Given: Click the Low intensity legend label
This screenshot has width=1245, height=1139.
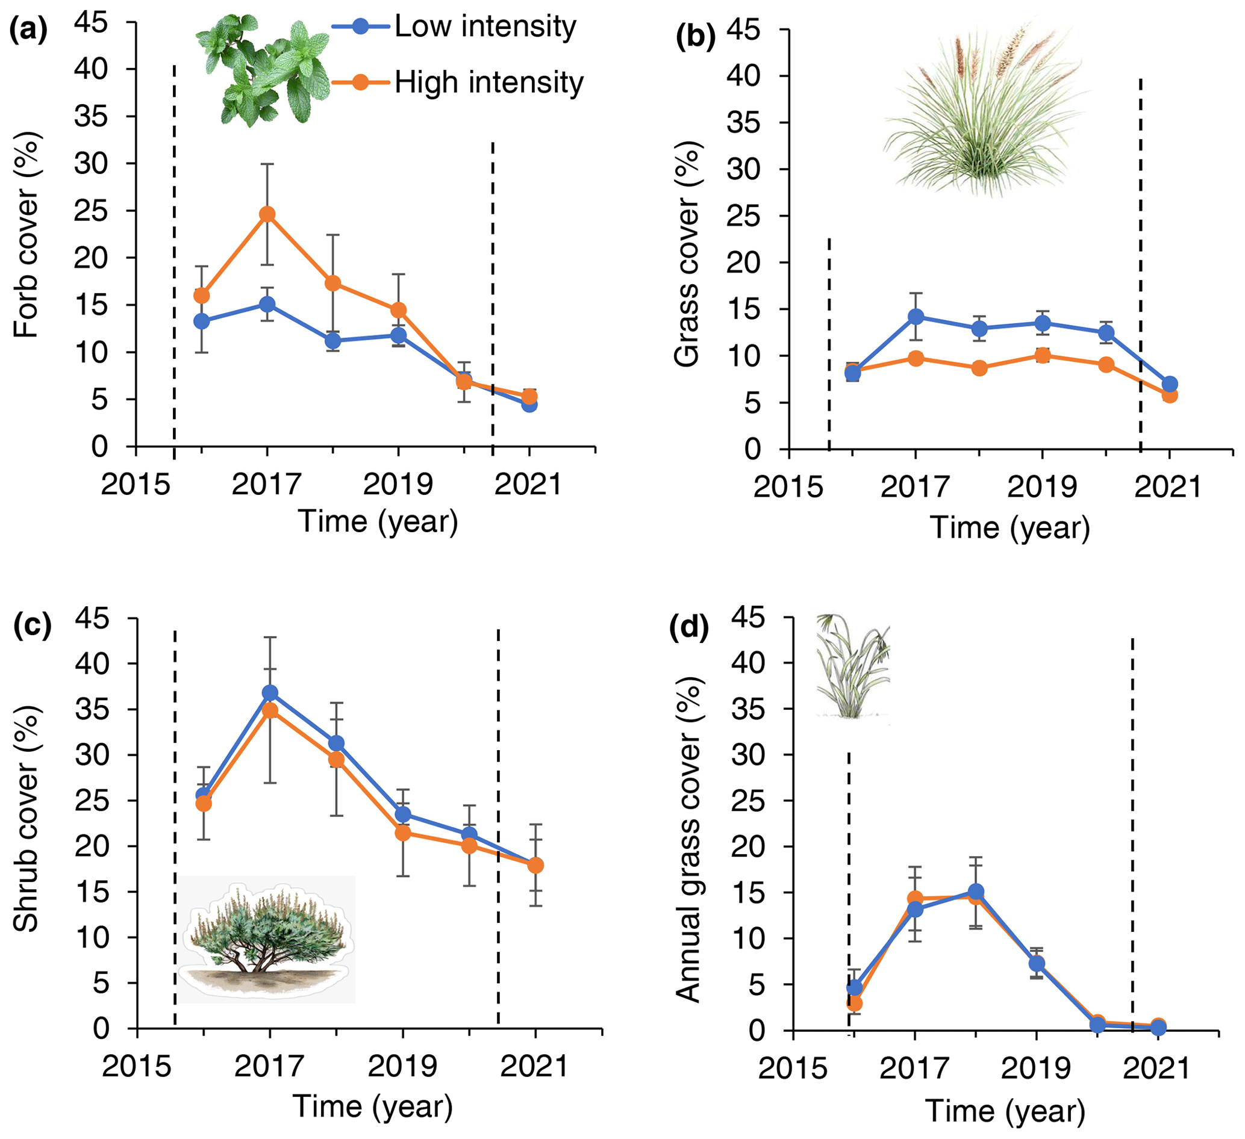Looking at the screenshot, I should (x=485, y=26).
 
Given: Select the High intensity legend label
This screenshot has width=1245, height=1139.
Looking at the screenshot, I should (x=488, y=82).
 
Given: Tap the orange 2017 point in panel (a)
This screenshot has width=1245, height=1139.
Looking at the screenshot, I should (x=267, y=214).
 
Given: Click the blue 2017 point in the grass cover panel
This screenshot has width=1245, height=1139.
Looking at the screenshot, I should (x=916, y=317).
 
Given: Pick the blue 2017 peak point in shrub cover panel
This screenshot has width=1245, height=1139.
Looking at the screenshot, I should (x=270, y=693).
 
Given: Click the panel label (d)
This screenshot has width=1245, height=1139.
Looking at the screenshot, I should (x=688, y=628).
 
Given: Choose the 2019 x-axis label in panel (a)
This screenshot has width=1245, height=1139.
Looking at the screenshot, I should (x=398, y=484).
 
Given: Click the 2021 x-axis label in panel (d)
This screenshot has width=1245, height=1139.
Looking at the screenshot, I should (x=1156, y=1068).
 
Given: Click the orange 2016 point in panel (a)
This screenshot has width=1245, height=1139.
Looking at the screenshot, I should (x=201, y=296).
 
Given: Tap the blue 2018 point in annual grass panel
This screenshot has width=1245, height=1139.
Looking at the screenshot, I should (x=976, y=892).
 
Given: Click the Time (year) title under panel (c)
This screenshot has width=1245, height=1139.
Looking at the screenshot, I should (x=372, y=1106).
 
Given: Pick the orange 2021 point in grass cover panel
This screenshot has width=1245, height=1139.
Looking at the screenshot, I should (x=1169, y=395).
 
